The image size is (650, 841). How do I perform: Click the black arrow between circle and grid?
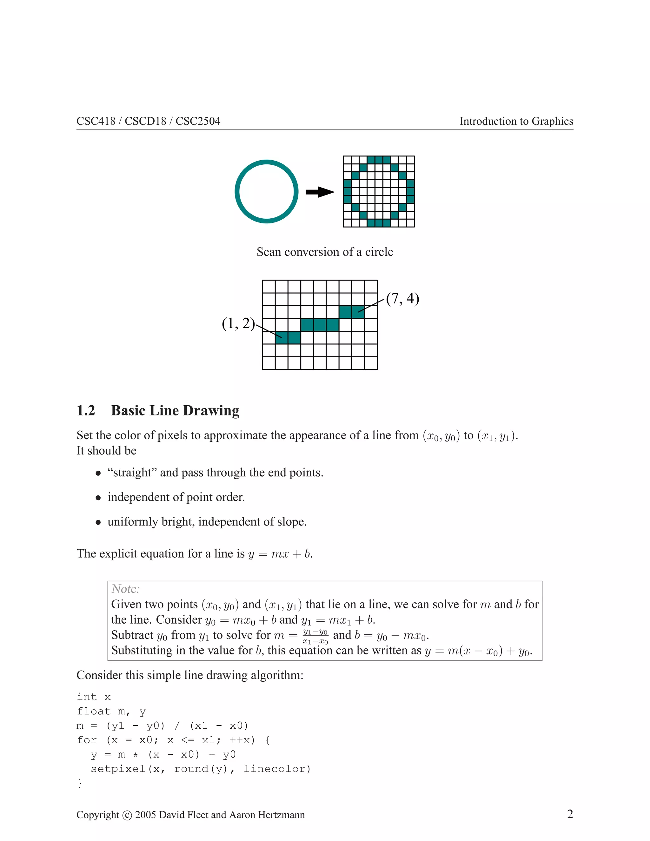coord(320,192)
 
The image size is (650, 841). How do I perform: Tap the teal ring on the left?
coord(238,192)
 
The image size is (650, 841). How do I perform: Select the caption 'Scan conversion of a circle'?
coord(325,252)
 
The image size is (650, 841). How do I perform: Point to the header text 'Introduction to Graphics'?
coord(516,121)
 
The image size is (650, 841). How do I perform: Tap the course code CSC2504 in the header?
coord(198,121)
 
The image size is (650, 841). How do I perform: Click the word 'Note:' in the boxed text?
coord(126,589)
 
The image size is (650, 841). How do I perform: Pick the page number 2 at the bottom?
coord(570,814)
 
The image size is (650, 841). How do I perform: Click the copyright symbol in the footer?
coord(127,815)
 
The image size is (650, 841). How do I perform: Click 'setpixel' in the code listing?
coord(118,769)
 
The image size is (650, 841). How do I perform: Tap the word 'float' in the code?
coord(94,711)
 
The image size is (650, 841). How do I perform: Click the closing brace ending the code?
coord(80,783)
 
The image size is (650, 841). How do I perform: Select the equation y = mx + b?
coord(280,554)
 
